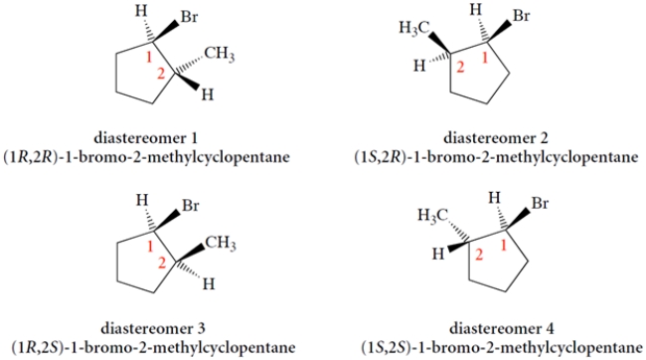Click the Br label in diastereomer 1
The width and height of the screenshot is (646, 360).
(x=188, y=18)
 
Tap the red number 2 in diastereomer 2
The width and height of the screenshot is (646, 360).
(x=460, y=69)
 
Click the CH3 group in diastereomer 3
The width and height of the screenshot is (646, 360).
(x=219, y=243)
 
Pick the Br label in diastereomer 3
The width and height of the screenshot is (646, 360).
(x=188, y=208)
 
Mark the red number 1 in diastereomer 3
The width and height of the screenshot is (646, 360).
(x=150, y=247)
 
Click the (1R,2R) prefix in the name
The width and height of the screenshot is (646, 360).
(x=35, y=157)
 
